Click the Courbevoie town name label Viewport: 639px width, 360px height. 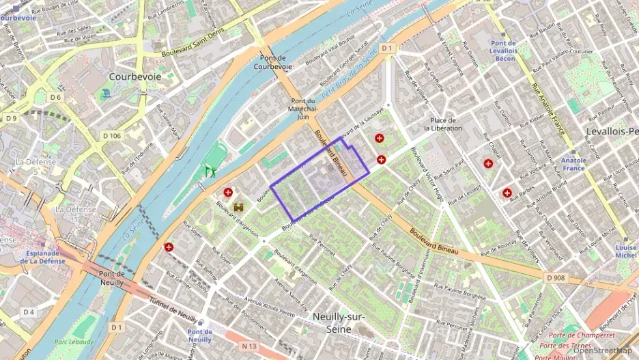135,77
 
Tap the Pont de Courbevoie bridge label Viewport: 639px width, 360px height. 272,62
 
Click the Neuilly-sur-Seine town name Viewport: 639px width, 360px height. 338,322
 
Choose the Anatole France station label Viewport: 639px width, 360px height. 574,163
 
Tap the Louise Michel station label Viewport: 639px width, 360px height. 625,251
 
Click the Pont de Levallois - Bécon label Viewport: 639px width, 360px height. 503,47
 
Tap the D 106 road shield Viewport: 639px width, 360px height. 111,136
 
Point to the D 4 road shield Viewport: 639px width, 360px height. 28,312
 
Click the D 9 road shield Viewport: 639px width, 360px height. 11,118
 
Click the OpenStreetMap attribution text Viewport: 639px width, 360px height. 602,350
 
